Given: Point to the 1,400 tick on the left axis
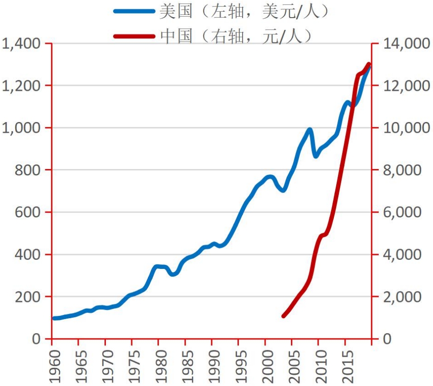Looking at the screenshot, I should (22, 44).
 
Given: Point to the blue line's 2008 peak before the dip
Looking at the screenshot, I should (310, 130).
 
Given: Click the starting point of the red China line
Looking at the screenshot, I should (284, 316).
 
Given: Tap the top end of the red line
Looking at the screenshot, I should (368, 65).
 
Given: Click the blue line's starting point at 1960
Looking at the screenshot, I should (54, 318).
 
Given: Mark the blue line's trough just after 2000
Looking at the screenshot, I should (283, 190).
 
